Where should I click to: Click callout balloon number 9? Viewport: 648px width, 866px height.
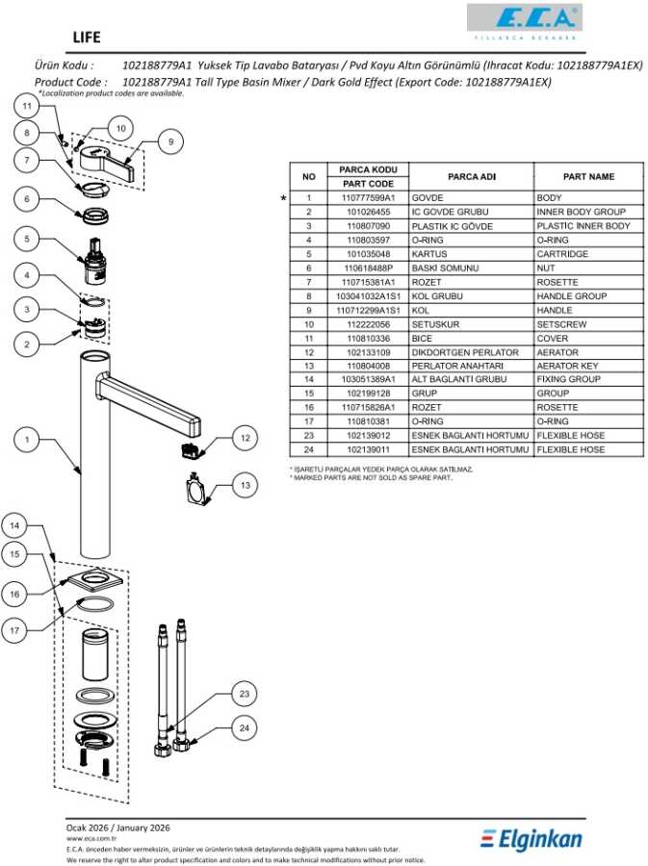pyautogui.click(x=169, y=141)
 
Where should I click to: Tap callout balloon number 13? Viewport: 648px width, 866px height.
pyautogui.click(x=246, y=486)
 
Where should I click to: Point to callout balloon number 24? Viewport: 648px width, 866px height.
pyautogui.click(x=245, y=728)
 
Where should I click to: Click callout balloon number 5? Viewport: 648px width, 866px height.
pyautogui.click(x=27, y=239)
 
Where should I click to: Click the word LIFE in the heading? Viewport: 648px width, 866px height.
pyautogui.click(x=86, y=38)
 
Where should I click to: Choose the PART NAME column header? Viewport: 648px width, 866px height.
pyautogui.click(x=588, y=177)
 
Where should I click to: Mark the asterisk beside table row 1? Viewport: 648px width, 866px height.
pyautogui.click(x=283, y=197)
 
